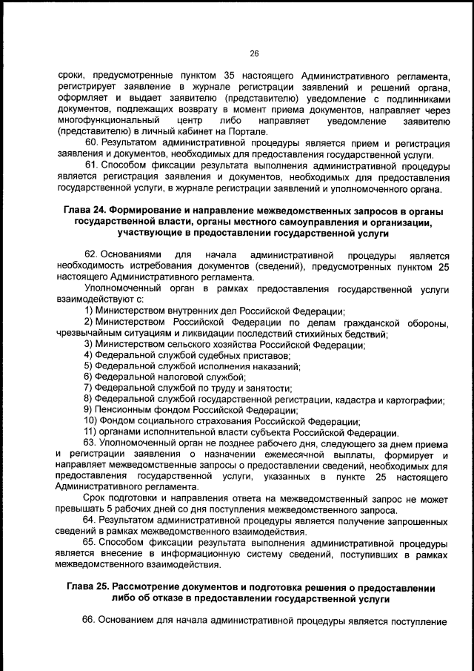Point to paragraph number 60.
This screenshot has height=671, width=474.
[92, 142]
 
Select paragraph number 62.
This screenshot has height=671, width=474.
[92, 254]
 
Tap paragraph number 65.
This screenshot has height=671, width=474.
[92, 542]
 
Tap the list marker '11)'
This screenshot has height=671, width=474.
[90, 432]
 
